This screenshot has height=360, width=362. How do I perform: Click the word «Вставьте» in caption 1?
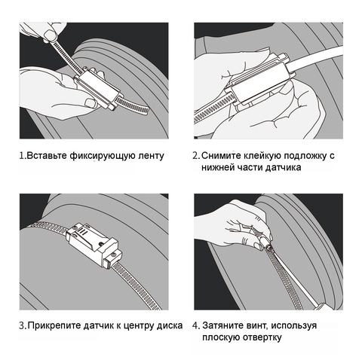coord(47,156)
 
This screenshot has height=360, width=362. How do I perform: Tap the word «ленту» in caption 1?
coord(152,156)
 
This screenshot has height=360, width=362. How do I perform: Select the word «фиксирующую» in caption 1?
coord(103,156)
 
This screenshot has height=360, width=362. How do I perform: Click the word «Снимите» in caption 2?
coord(220,156)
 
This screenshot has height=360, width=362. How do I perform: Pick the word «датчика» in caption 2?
coord(284,167)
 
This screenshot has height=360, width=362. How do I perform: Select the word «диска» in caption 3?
coord(170,326)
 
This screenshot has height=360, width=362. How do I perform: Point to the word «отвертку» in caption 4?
coord(262,337)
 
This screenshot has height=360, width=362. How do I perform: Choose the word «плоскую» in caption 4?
coord(221,337)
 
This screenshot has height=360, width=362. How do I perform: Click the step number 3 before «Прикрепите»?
coord(22,326)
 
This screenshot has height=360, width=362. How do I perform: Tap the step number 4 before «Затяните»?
coord(195,325)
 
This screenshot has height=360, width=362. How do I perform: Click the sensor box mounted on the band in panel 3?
coord(94,246)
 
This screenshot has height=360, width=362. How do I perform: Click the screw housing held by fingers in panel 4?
coord(265,243)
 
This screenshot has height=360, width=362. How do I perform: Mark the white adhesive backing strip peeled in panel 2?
coord(315,58)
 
